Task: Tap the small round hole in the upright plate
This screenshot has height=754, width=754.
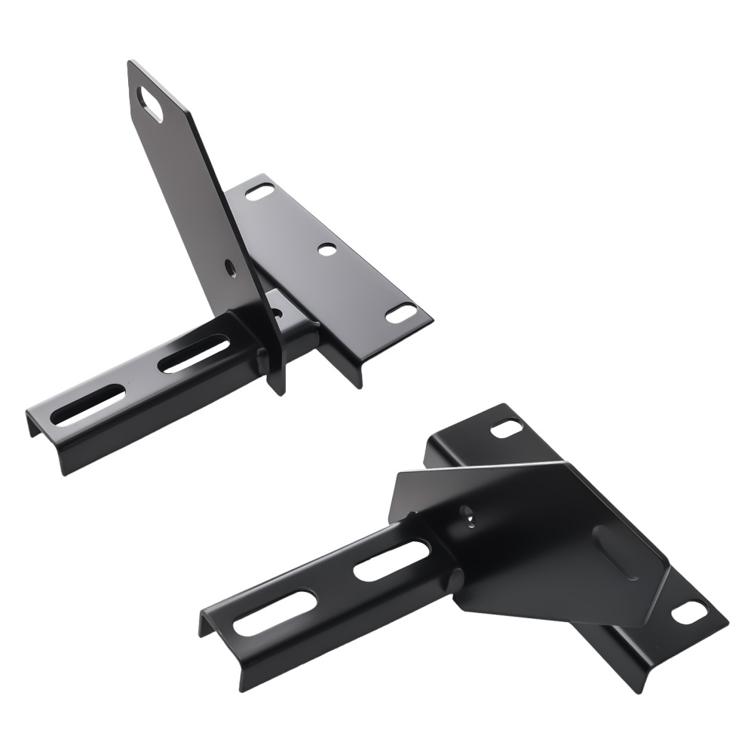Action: (x=228, y=265)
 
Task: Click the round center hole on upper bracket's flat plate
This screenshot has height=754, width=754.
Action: (x=326, y=248)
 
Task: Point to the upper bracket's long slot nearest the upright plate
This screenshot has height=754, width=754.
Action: (x=195, y=354)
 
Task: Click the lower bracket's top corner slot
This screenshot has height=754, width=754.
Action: (x=506, y=430)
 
